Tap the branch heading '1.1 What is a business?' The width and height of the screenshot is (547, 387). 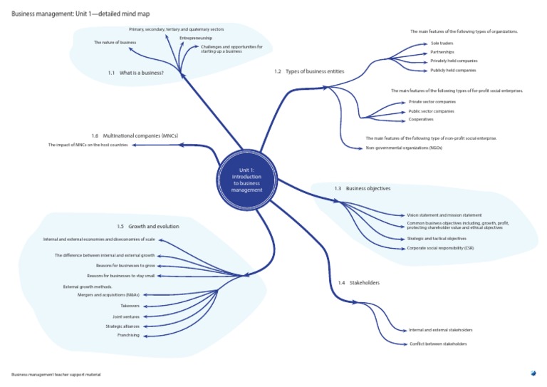pyautogui.click(x=136, y=73)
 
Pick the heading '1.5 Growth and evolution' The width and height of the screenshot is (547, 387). pyautogui.click(x=148, y=226)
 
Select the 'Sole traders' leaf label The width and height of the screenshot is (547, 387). pyautogui.click(x=442, y=43)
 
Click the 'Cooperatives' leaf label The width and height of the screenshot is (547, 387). pyautogui.click(x=421, y=119)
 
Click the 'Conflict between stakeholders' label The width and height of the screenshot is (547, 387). pyautogui.click(x=438, y=344)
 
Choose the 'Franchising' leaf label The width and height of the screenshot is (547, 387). pyautogui.click(x=128, y=335)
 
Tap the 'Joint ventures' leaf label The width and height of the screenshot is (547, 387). pyautogui.click(x=126, y=316)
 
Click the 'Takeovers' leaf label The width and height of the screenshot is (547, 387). pyautogui.click(x=130, y=306)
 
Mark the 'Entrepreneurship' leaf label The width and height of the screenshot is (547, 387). pyautogui.click(x=196, y=37)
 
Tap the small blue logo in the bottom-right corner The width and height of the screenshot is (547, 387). pyautogui.click(x=533, y=372)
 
